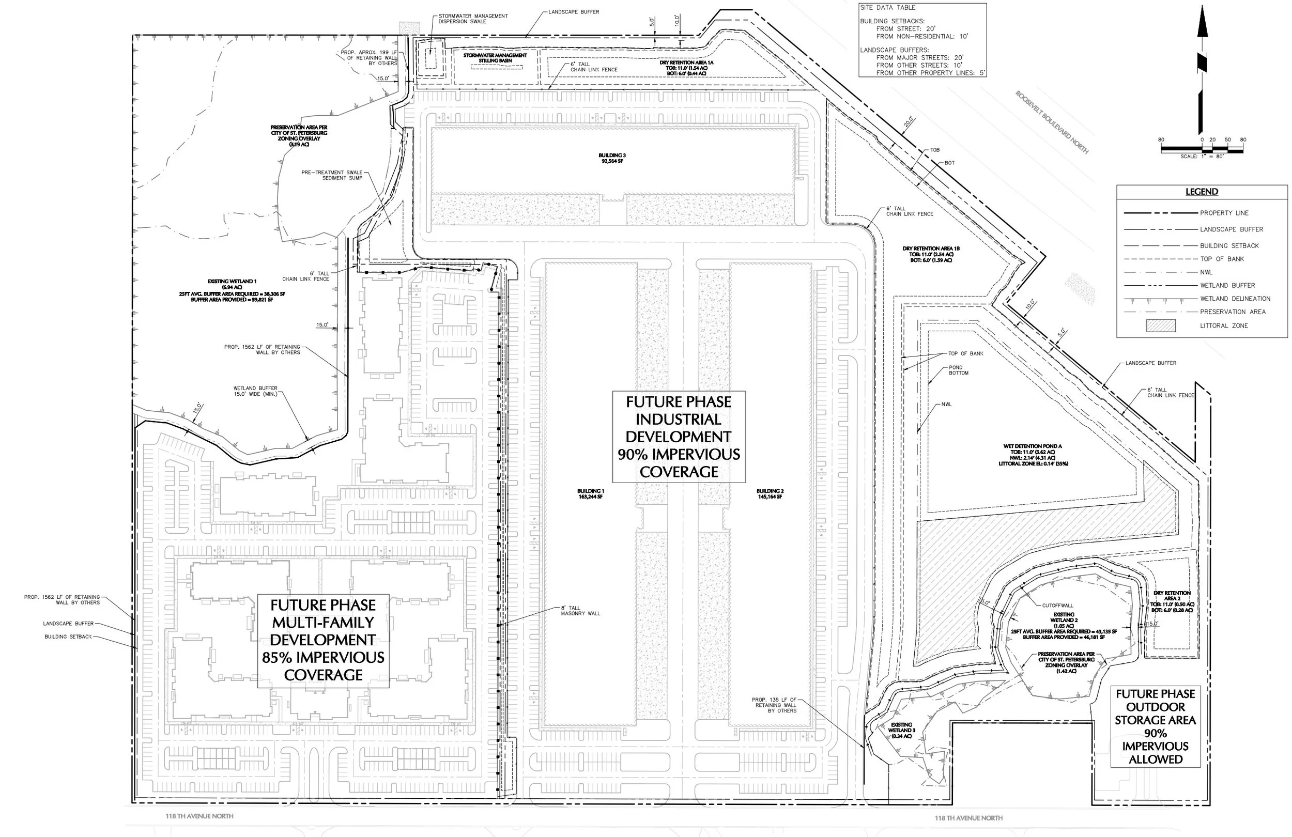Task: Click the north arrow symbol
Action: point(1203,71)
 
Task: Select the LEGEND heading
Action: point(1202,192)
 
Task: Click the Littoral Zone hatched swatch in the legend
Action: point(1160,326)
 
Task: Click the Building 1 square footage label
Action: point(590,497)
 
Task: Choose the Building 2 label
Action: point(770,491)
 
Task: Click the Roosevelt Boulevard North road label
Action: point(1052,122)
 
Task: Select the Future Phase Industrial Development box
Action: point(679,437)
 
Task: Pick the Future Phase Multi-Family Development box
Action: point(323,640)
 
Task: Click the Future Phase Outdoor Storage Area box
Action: point(1155,726)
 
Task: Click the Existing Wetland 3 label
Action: point(901,730)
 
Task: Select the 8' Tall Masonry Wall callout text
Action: point(580,611)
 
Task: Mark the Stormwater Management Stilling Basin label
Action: point(495,58)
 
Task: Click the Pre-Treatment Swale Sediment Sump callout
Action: point(332,175)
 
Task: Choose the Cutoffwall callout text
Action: point(1057,605)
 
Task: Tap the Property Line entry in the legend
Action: point(1224,213)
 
